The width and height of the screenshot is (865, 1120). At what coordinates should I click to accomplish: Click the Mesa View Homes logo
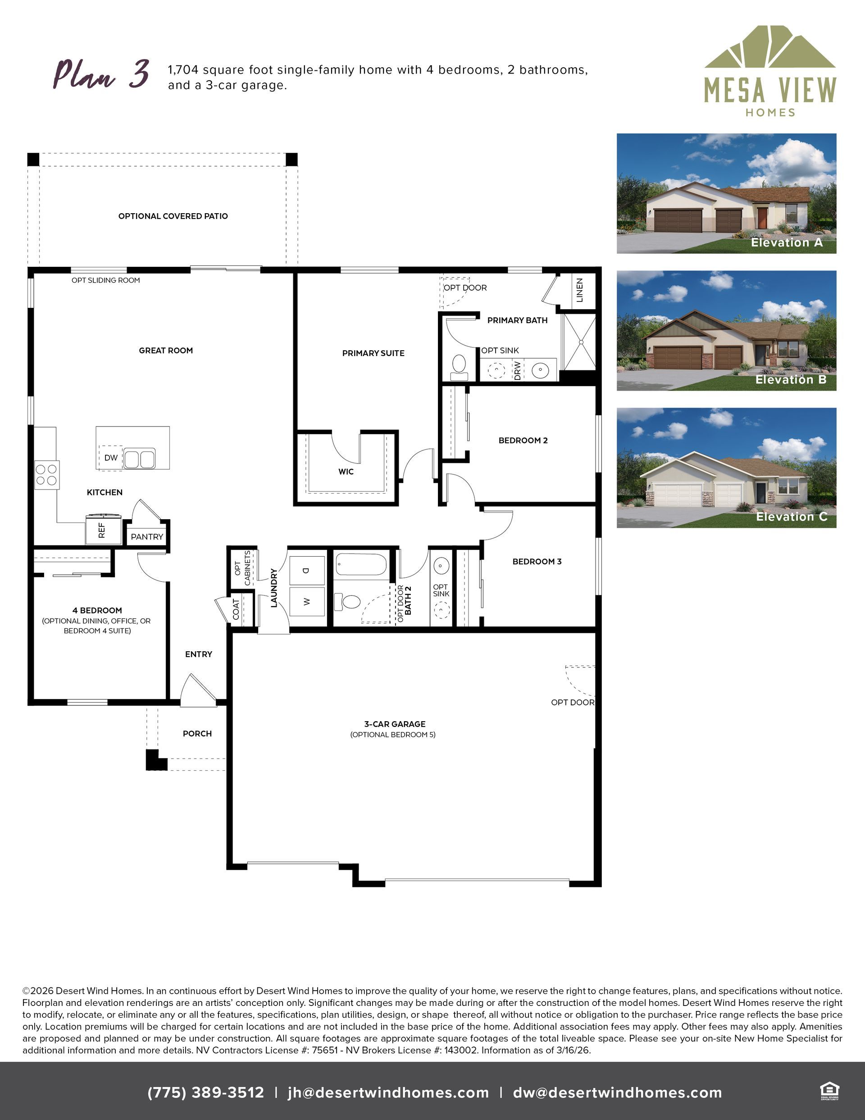[770, 71]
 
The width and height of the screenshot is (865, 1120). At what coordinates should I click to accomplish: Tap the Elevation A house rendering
[727, 193]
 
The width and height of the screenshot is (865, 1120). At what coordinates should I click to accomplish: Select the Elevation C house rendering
[727, 468]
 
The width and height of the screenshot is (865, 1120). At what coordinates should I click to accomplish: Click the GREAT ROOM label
[166, 351]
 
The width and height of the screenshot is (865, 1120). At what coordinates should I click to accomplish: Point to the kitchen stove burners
[47, 474]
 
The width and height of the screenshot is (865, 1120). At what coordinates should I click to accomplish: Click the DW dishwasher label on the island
[111, 457]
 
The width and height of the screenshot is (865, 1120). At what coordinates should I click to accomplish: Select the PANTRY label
[147, 537]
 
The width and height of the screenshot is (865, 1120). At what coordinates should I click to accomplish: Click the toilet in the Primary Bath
[459, 367]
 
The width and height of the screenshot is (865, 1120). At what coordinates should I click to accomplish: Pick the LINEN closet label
[580, 290]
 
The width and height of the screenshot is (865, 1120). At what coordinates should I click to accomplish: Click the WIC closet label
[346, 472]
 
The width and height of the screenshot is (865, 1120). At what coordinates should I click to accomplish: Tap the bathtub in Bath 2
[361, 566]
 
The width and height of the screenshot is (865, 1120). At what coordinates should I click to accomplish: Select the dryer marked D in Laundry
[307, 570]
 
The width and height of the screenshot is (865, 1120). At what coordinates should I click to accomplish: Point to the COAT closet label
[237, 609]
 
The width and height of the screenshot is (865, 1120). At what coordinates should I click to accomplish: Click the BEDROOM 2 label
[523, 440]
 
